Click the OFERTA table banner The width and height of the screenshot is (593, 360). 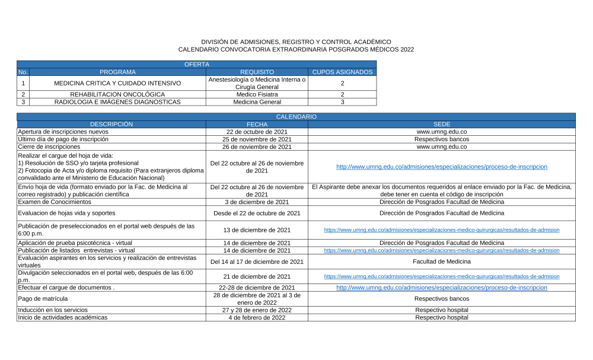click(196, 64)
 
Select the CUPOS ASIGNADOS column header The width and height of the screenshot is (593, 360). click(342, 72)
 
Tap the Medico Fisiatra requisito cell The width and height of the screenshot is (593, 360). click(257, 94)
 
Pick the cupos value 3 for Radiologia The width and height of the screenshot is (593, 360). click(342, 102)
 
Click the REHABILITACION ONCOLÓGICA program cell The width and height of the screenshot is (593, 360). click(117, 94)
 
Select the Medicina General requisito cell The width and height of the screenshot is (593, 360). click(257, 102)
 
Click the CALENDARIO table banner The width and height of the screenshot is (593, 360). click(296, 117)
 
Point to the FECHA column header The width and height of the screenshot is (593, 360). click(257, 124)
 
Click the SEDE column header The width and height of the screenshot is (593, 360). click(441, 124)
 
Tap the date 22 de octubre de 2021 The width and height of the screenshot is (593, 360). click(257, 132)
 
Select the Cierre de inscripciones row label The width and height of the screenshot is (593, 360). click(49, 146)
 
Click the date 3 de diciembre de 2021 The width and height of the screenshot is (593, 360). click(257, 202)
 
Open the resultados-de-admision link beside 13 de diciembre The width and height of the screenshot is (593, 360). click(441, 230)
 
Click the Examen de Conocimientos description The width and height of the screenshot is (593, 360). click(55, 202)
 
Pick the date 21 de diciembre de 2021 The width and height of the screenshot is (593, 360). click(257, 276)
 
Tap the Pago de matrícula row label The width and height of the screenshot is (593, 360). click(43, 298)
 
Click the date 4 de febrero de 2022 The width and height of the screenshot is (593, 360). click(257, 317)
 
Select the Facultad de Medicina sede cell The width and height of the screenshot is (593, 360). click(441, 262)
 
